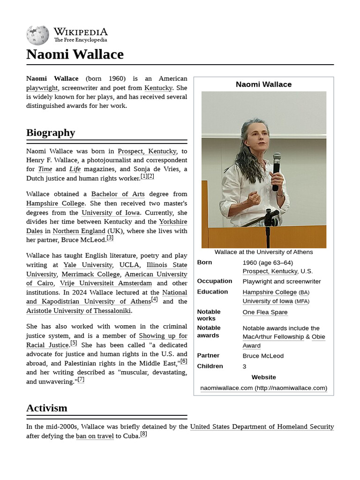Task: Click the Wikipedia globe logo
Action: [37, 35]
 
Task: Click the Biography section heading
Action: [51, 133]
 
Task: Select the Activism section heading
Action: [47, 408]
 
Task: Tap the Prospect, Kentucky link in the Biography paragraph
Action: [147, 151]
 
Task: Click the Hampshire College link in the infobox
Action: [270, 292]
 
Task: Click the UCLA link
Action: [129, 265]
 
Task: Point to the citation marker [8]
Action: [143, 434]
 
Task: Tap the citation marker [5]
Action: [74, 343]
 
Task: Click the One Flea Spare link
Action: [265, 312]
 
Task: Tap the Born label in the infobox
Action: [204, 262]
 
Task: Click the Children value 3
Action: [244, 367]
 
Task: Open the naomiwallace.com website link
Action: [263, 388]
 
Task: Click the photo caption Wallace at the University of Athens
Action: [263, 252]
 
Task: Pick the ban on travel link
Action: [95, 436]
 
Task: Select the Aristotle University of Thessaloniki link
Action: [79, 311]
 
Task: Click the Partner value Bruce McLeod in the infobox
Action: [263, 356]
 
